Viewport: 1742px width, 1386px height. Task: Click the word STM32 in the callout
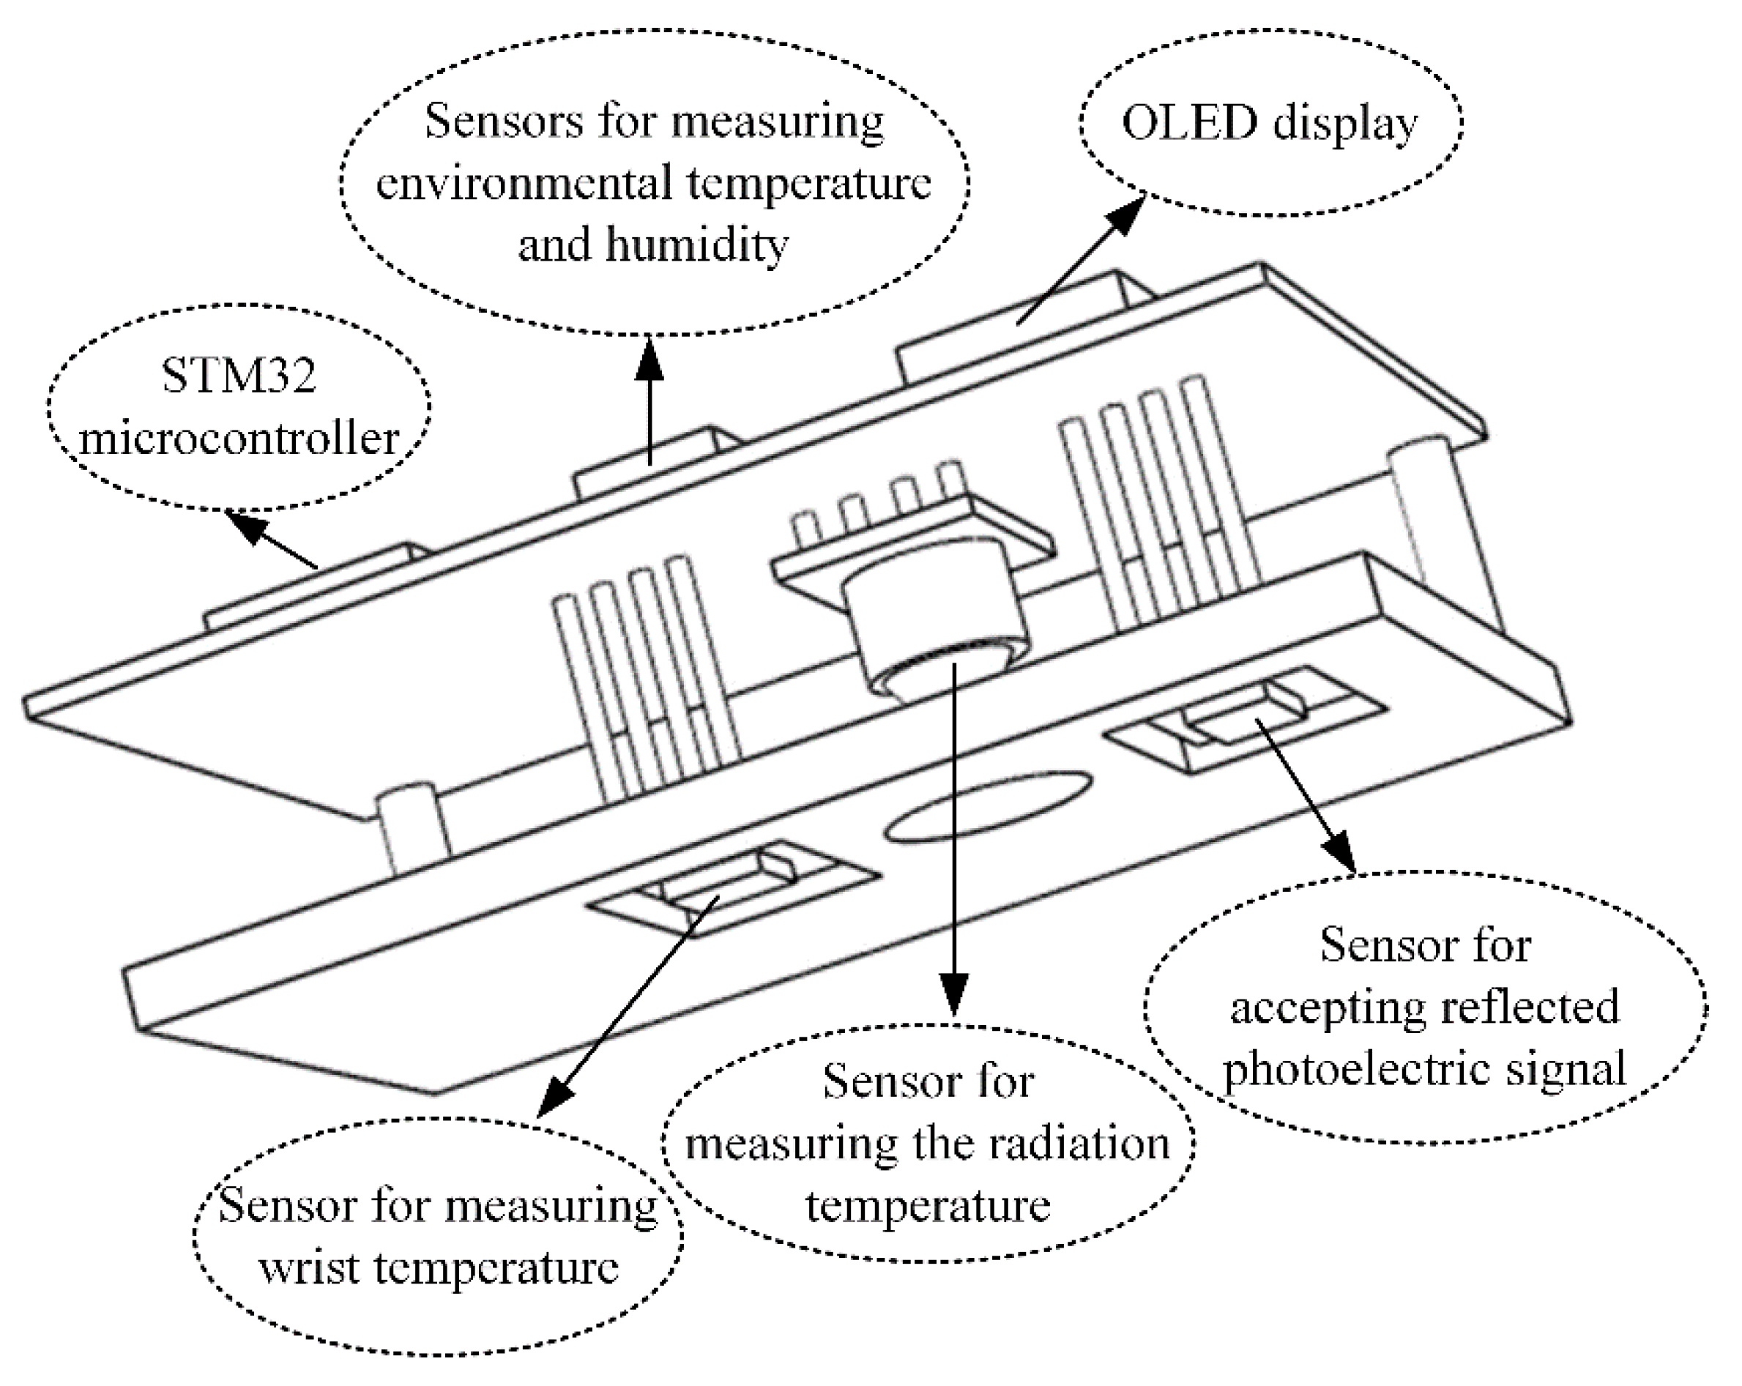[x=239, y=376]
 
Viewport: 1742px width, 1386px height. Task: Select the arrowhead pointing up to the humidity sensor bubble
[x=649, y=359]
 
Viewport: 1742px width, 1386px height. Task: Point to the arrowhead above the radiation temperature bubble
[x=954, y=994]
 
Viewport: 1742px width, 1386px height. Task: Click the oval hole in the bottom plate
[x=988, y=806]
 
